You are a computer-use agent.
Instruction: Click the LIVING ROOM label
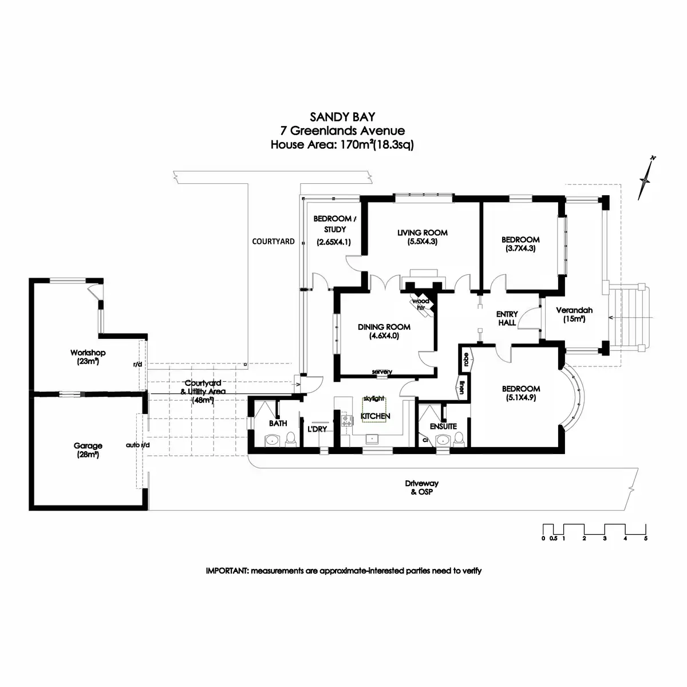(423, 233)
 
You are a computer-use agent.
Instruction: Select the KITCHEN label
(375, 416)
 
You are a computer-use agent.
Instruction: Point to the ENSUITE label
(443, 427)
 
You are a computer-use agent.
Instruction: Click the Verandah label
(574, 311)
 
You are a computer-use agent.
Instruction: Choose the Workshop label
(88, 353)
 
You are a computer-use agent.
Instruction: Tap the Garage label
(88, 445)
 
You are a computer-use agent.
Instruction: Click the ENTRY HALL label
(507, 318)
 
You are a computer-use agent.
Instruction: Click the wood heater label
(422, 304)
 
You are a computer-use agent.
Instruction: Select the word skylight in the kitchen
(374, 398)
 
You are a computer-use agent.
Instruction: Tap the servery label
(382, 372)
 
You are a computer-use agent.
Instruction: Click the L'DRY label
(317, 429)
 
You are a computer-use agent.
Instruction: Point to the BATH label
(278, 424)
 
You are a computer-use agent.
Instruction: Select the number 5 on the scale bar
(646, 539)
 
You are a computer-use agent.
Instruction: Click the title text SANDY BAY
(342, 117)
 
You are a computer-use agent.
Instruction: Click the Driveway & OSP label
(421, 487)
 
